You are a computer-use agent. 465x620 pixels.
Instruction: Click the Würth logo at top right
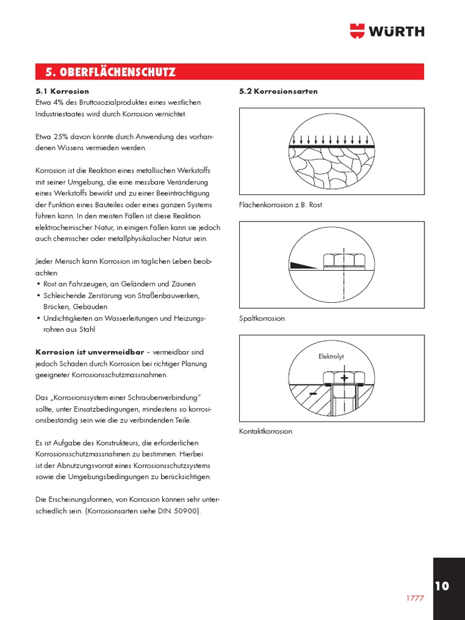tap(387, 31)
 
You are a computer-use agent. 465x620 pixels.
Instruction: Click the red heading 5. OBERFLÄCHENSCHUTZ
tap(110, 73)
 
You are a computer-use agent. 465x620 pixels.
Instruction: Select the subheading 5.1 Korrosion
tap(62, 91)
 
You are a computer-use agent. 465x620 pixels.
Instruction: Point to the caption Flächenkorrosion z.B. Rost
tap(281, 205)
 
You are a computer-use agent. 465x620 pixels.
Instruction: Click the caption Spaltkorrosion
tap(262, 318)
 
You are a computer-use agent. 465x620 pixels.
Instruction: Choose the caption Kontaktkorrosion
tap(266, 431)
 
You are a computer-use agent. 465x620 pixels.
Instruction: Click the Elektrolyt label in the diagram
tap(331, 357)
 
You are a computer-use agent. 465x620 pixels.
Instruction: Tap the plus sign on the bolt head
tap(345, 378)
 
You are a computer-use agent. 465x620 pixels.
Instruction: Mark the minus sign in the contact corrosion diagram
tap(314, 394)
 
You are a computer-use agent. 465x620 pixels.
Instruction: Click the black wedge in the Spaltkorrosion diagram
tap(303, 265)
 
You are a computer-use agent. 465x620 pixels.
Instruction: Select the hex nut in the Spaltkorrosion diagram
tap(344, 260)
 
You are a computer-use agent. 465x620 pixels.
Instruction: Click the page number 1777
tap(414, 598)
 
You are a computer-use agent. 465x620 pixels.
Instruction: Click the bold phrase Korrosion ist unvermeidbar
tap(90, 352)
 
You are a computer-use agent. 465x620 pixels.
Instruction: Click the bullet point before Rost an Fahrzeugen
tap(39, 284)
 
